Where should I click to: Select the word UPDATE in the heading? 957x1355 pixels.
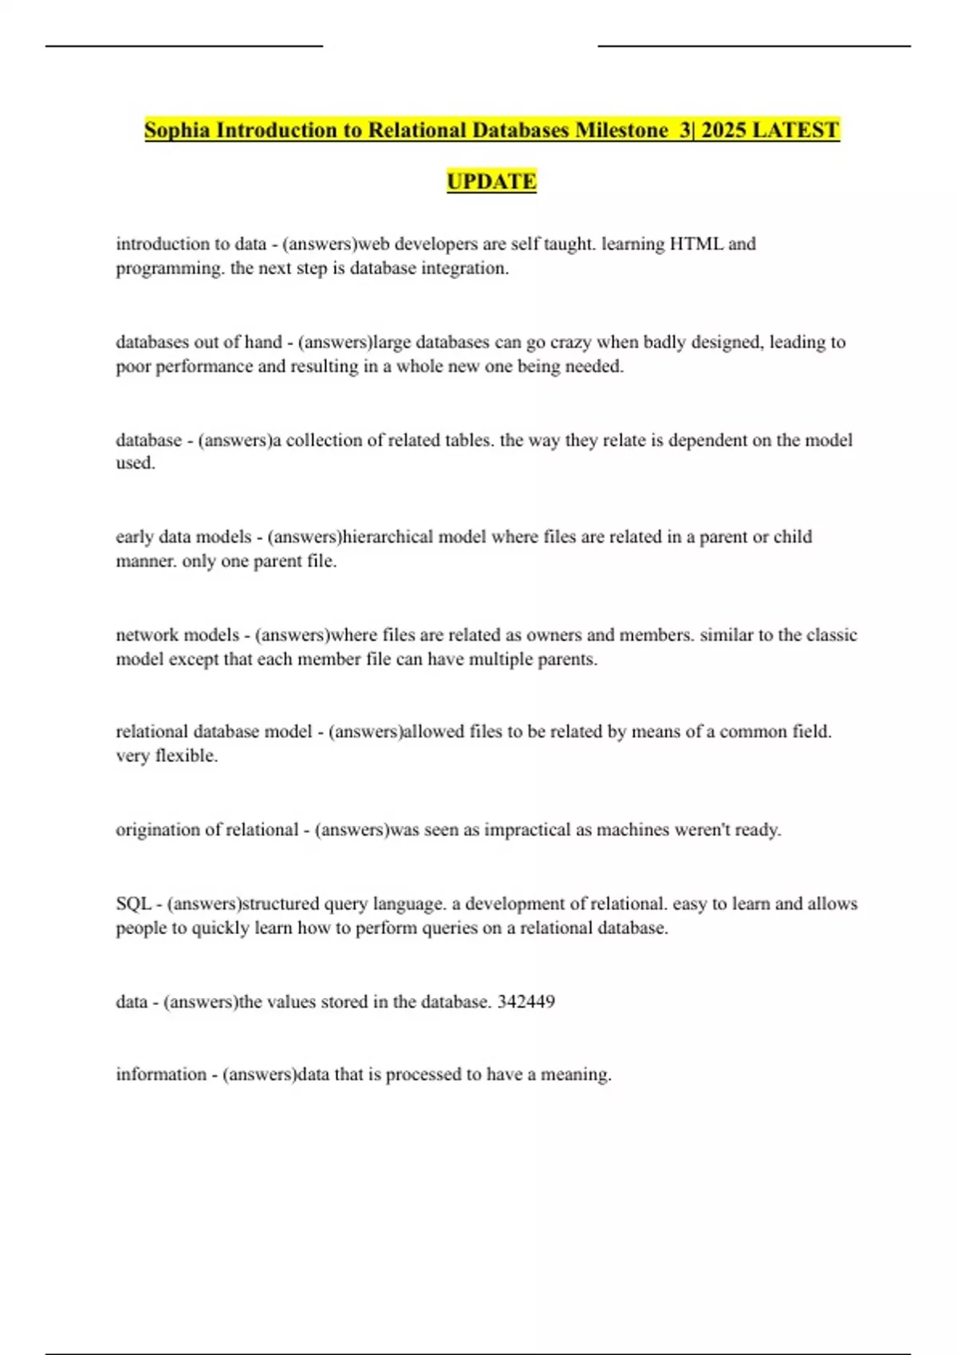click(x=491, y=182)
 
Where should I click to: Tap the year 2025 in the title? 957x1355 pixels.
click(x=723, y=130)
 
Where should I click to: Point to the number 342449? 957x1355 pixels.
click(x=526, y=1002)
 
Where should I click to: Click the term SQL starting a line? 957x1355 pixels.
click(x=133, y=904)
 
